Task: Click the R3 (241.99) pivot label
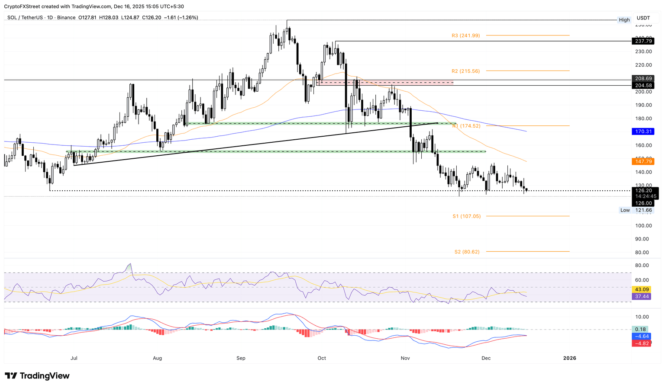pyautogui.click(x=465, y=35)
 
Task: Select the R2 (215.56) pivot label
pyautogui.click(x=465, y=71)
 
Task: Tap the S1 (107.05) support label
pyautogui.click(x=466, y=216)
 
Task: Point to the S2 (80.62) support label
pyautogui.click(x=467, y=252)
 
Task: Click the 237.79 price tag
pyautogui.click(x=643, y=41)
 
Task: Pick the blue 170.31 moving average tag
pyautogui.click(x=643, y=131)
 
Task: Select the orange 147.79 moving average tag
pyautogui.click(x=643, y=161)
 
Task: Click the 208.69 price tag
pyautogui.click(x=643, y=78)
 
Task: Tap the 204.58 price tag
pyautogui.click(x=643, y=86)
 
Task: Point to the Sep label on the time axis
pyautogui.click(x=241, y=358)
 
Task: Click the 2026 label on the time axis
pyautogui.click(x=569, y=358)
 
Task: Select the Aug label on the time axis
pyautogui.click(x=157, y=358)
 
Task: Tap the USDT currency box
pyautogui.click(x=643, y=18)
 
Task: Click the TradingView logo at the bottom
pyautogui.click(x=37, y=376)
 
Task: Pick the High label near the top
pyautogui.click(x=624, y=20)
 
